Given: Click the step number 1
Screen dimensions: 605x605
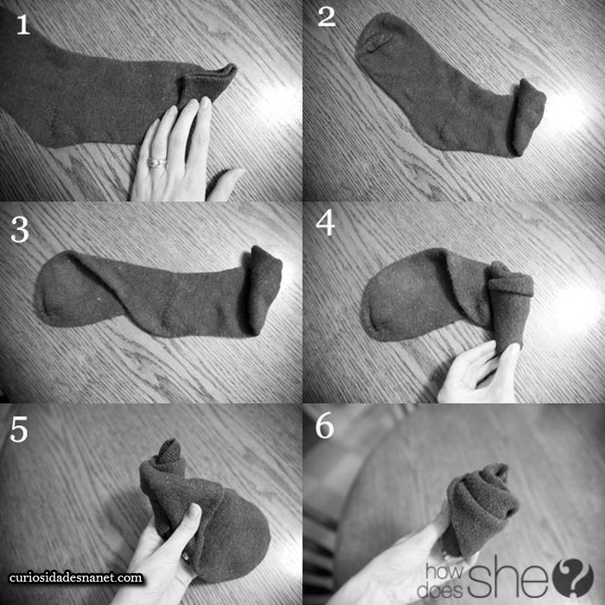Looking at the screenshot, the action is (x=23, y=25).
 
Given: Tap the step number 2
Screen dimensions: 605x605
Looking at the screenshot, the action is (x=327, y=17).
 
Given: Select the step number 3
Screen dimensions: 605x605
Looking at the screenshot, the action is (x=20, y=230).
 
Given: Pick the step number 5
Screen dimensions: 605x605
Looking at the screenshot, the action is (x=19, y=430).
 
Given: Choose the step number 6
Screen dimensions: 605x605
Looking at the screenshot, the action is (x=324, y=427).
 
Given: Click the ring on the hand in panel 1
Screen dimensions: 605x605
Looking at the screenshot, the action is (x=157, y=162).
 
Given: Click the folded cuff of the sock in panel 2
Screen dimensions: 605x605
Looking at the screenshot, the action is (x=528, y=117).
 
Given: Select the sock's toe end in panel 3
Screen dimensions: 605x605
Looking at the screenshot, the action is (x=61, y=288).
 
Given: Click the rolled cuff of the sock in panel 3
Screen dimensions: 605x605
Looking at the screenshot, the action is (x=264, y=289).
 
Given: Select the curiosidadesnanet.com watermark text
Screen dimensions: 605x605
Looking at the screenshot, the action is (x=76, y=577).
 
